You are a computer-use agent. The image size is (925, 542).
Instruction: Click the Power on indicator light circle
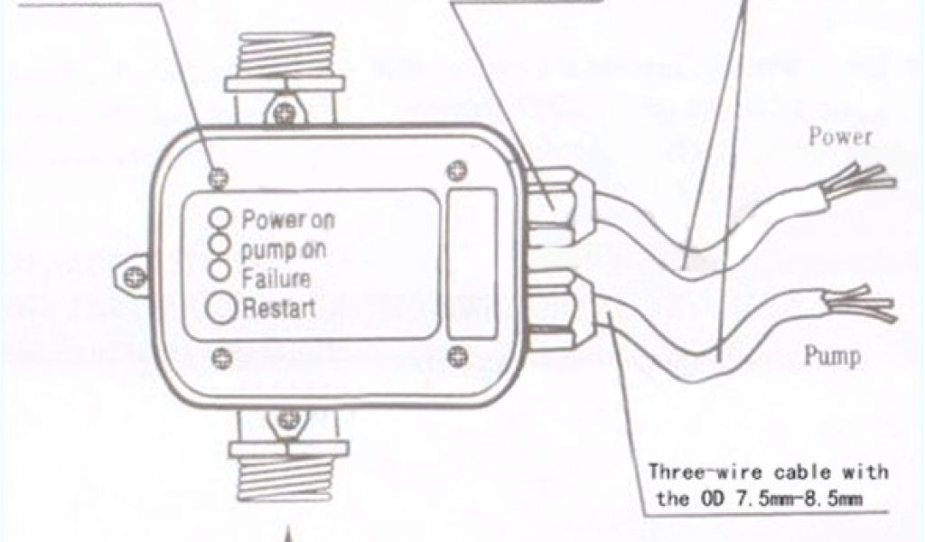pyautogui.click(x=220, y=219)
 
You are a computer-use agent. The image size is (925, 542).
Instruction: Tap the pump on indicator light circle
pyautogui.click(x=220, y=243)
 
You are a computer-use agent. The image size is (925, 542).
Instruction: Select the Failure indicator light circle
pyautogui.click(x=220, y=268)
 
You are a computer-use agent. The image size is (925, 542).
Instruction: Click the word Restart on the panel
pyautogui.click(x=279, y=308)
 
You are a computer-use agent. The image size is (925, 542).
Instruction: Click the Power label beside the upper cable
pyautogui.click(x=840, y=137)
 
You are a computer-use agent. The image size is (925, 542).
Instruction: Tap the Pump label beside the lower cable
pyautogui.click(x=832, y=356)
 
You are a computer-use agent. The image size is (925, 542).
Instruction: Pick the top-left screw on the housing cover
pyautogui.click(x=217, y=176)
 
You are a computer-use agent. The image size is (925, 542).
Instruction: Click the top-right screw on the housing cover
pyautogui.click(x=457, y=168)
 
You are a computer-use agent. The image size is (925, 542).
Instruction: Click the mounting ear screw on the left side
pyautogui.click(x=133, y=271)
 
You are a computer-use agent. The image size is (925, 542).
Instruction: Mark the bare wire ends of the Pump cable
pyautogui.click(x=867, y=305)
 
